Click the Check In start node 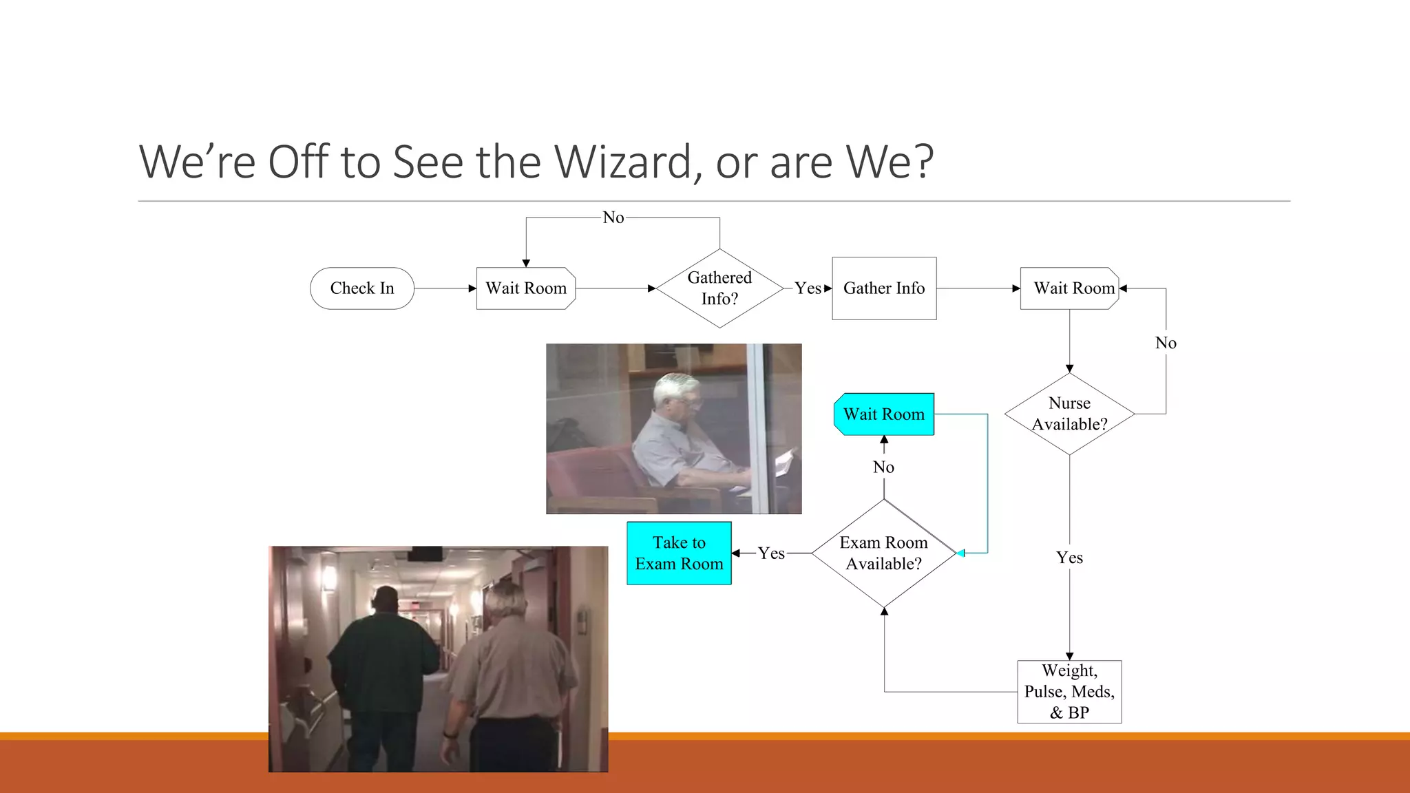tap(361, 288)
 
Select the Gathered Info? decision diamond tap(719, 288)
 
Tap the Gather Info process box tap(884, 288)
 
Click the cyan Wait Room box tap(884, 414)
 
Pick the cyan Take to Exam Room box tap(679, 553)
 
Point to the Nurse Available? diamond tap(1069, 414)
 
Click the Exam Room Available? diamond tap(883, 553)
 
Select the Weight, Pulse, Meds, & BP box tap(1069, 691)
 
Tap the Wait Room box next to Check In tap(526, 288)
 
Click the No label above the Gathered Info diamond tap(613, 218)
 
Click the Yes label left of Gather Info tap(808, 288)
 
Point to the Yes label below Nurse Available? tap(1069, 558)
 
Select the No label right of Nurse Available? tap(1166, 343)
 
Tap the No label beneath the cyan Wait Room tap(883, 467)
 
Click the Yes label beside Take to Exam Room tap(771, 553)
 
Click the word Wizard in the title tap(628, 162)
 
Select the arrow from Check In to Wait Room tap(445, 288)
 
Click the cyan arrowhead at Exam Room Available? tap(960, 553)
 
